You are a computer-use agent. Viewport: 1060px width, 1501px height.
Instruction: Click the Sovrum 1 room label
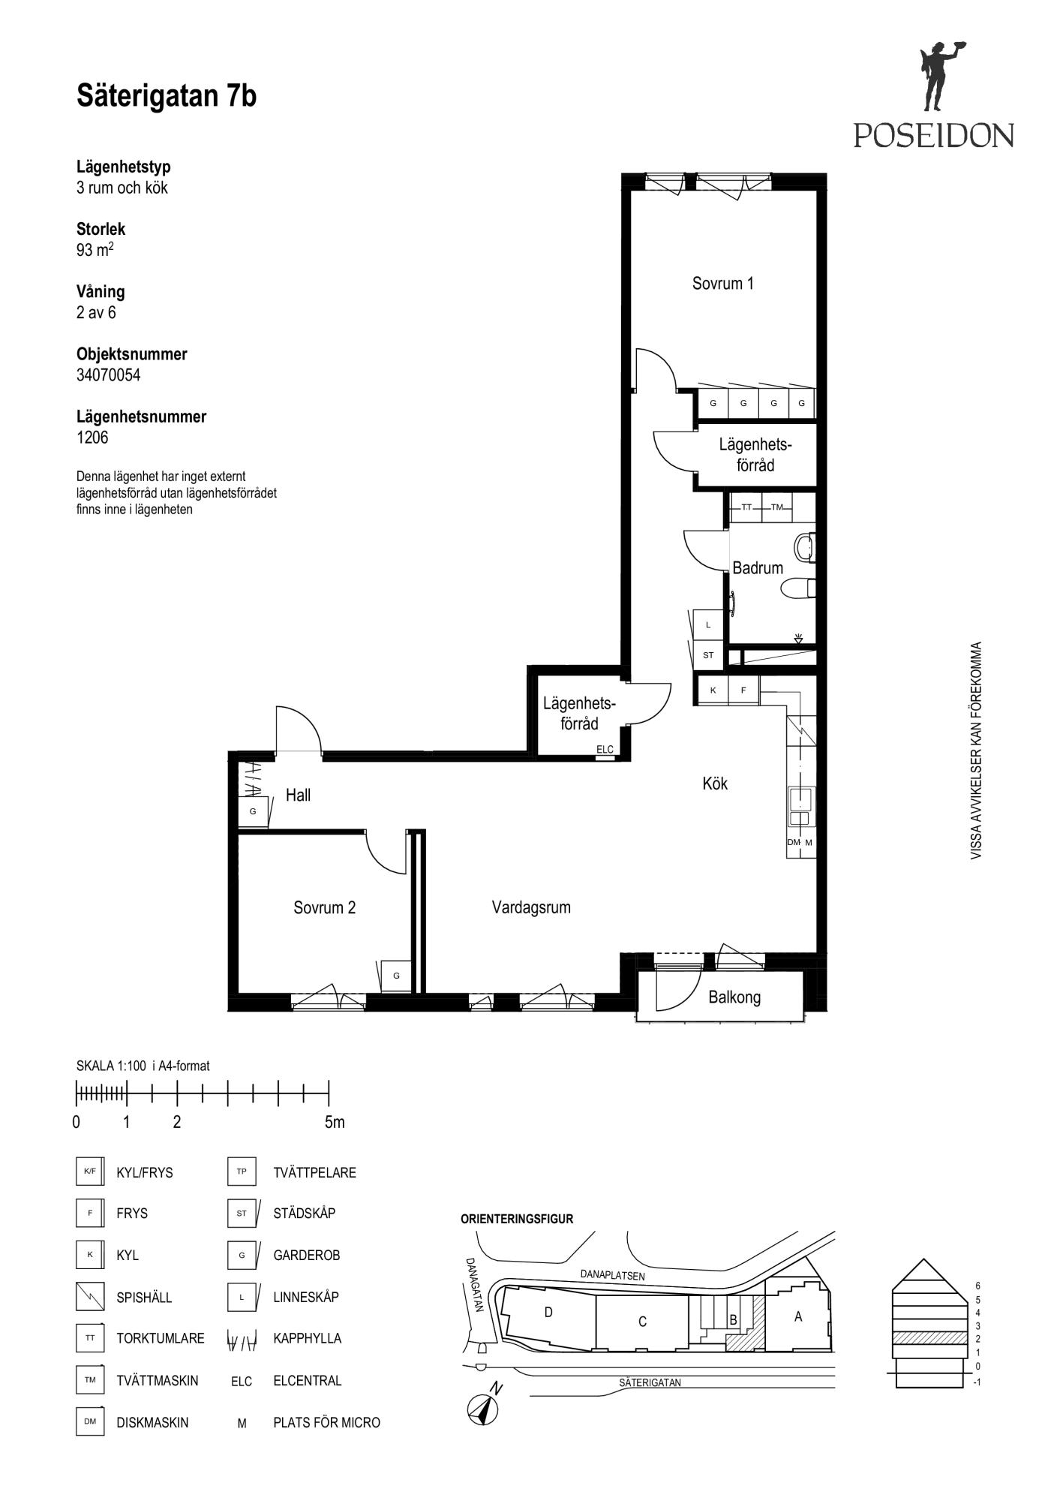(x=722, y=283)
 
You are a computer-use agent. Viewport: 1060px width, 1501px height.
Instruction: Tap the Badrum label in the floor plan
(x=758, y=568)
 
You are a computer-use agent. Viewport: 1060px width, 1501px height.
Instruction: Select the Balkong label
(x=734, y=997)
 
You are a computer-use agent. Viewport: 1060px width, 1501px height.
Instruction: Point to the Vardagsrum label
(x=531, y=907)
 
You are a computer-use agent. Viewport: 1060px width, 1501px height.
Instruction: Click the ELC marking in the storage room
(x=605, y=749)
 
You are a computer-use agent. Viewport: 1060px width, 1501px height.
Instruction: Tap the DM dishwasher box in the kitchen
(x=794, y=843)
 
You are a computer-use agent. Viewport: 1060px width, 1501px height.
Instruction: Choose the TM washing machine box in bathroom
(x=777, y=507)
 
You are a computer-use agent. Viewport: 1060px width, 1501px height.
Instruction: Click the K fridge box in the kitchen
(x=713, y=690)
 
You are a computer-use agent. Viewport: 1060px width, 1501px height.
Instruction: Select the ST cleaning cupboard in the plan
(x=708, y=655)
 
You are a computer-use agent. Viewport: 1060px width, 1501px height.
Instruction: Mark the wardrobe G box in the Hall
(x=253, y=811)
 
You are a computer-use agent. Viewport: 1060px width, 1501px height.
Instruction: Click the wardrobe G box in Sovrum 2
(x=396, y=976)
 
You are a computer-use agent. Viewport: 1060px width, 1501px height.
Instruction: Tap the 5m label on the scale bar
(x=335, y=1123)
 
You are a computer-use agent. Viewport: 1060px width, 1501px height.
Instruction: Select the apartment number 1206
(x=92, y=438)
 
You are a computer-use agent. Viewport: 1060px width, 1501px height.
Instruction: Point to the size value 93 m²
(x=95, y=249)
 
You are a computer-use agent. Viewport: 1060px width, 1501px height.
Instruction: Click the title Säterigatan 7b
(x=167, y=96)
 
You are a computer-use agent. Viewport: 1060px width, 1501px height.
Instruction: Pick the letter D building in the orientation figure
(x=548, y=1312)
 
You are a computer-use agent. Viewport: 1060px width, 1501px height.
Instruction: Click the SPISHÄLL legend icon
(x=90, y=1297)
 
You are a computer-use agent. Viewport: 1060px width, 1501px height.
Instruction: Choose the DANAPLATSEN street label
(x=612, y=1275)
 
